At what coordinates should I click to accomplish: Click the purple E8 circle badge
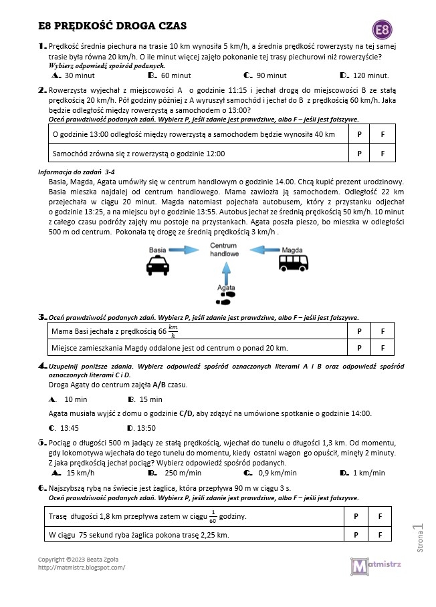[383, 30]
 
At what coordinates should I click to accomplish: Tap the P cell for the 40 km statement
[359, 134]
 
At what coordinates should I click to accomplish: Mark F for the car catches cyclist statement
[383, 154]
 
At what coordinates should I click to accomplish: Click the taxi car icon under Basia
[157, 266]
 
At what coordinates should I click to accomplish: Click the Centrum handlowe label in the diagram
[223, 250]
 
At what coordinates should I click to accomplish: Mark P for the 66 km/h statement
[359, 331]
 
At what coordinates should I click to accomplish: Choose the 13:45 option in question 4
[69, 428]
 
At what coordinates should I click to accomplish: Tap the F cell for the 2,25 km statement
[380, 535]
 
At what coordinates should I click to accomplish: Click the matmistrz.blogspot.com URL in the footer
[82, 568]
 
